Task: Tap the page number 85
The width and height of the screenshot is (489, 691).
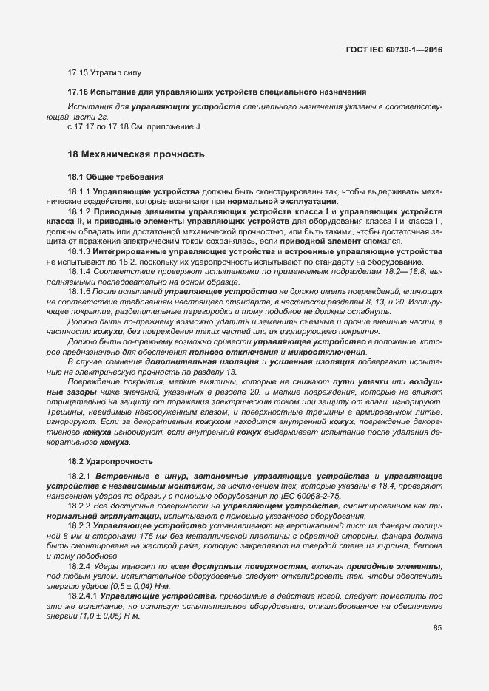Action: coord(437,628)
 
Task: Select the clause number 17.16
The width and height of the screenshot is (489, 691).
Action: coord(78,92)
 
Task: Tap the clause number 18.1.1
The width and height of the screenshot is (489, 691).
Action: coord(79,192)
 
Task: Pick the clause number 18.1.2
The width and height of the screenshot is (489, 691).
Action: coord(79,211)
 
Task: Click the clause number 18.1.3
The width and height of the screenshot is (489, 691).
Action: coord(79,252)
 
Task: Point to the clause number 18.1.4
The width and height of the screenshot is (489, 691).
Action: coord(79,272)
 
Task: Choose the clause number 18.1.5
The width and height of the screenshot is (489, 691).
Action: coord(79,293)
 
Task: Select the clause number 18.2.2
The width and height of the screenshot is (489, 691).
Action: coord(79,506)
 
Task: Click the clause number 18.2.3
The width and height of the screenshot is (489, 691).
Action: coord(79,525)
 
